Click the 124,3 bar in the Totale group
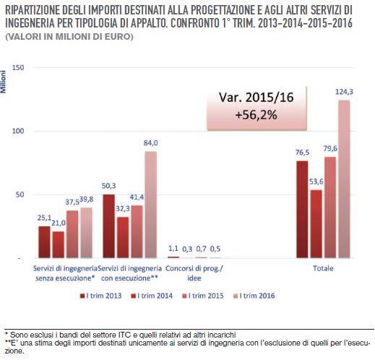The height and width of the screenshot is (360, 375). pos(344,179)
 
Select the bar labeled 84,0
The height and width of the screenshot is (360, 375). pos(150,205)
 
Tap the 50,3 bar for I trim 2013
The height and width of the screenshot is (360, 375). pos(109,226)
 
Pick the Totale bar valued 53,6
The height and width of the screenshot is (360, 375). pos(316,224)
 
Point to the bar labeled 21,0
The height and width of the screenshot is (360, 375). pos(59,244)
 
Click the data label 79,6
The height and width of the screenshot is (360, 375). pos(330,149)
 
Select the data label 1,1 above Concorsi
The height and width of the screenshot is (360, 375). pos(173,248)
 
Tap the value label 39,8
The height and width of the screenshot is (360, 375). pos(86,200)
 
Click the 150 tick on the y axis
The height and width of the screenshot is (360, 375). pos(19,67)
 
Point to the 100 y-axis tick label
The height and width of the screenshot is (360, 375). pos(19,131)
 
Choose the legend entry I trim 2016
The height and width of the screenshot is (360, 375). pos(254,296)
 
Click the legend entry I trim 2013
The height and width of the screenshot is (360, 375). pos(101,296)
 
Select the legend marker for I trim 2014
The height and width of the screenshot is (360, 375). pos(133,296)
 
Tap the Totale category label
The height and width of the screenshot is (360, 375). pos(323,268)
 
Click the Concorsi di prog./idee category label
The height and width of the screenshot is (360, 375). pos(194,273)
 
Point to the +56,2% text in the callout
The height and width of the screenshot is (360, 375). pos(257,115)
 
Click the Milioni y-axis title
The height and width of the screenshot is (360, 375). pos(3,82)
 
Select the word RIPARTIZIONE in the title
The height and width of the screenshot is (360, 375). pos(32,10)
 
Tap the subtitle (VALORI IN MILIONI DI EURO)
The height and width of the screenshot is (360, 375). pos(69,37)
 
